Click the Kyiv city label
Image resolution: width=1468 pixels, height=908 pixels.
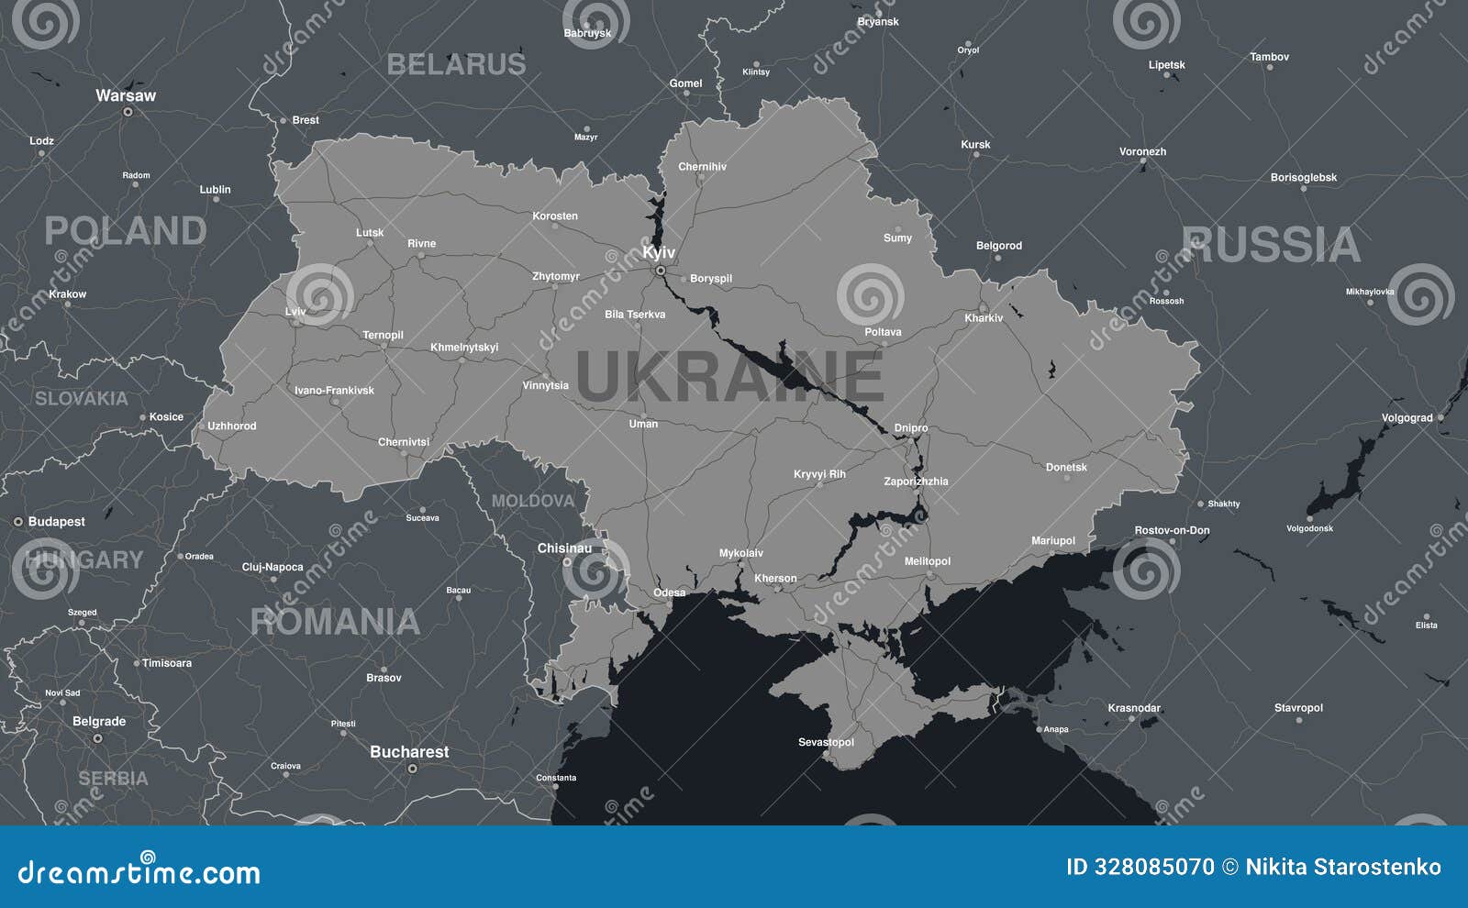pos(659,252)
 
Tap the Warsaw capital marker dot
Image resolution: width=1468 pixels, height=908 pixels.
pos(128,112)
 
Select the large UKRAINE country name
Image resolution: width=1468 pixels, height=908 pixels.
pos(729,377)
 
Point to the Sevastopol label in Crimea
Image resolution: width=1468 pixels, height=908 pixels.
pos(826,742)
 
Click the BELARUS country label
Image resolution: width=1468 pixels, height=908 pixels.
pos(456,64)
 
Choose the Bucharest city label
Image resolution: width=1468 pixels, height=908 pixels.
pos(409,752)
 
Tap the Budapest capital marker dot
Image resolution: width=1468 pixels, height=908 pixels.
pos(17,522)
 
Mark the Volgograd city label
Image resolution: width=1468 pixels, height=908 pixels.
pos(1407,418)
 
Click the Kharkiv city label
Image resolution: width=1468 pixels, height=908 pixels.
pos(984,318)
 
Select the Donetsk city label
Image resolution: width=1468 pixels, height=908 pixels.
pos(1066,468)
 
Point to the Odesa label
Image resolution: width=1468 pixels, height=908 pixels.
pos(669,592)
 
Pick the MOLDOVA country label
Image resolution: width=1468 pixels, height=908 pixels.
pos(532,502)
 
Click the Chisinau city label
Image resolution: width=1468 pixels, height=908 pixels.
pos(564,548)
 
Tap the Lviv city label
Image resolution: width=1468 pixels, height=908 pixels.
pos(295,312)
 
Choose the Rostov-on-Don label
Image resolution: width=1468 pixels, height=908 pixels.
pos(1172,530)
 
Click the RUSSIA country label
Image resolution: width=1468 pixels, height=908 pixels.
pos(1271,245)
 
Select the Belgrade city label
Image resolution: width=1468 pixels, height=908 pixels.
pos(99,722)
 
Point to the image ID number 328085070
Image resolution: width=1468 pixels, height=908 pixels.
pos(1154,867)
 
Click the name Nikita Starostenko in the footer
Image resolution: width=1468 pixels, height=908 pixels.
pos(1343,867)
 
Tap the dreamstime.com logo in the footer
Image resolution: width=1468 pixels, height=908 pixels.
pos(139,871)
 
